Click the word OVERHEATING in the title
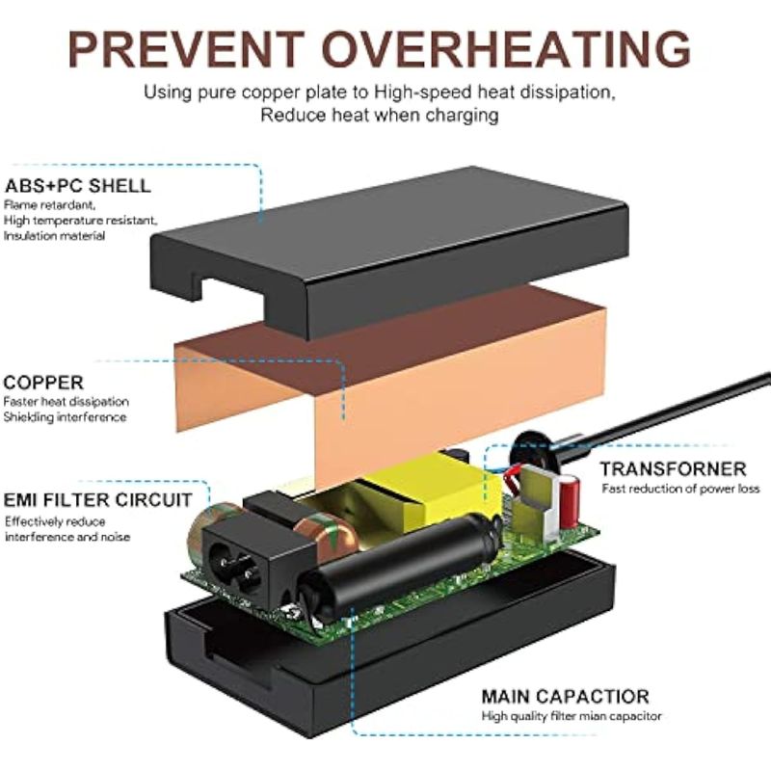pyautogui.click(x=507, y=49)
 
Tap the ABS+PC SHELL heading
pyautogui.click(x=78, y=186)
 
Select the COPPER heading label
pyautogui.click(x=43, y=383)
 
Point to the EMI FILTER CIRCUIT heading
pyautogui.click(x=97, y=500)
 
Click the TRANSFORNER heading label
pyautogui.click(x=673, y=468)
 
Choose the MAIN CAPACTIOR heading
pyautogui.click(x=566, y=696)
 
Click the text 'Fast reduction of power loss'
pyautogui.click(x=680, y=489)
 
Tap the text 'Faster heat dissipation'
pyautogui.click(x=66, y=402)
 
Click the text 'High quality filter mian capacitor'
pyautogui.click(x=572, y=716)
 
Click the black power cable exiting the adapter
pyautogui.click(x=659, y=413)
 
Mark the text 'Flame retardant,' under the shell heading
pyautogui.click(x=50, y=205)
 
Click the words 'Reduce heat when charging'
pyautogui.click(x=380, y=115)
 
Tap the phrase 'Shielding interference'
pyautogui.click(x=65, y=417)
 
